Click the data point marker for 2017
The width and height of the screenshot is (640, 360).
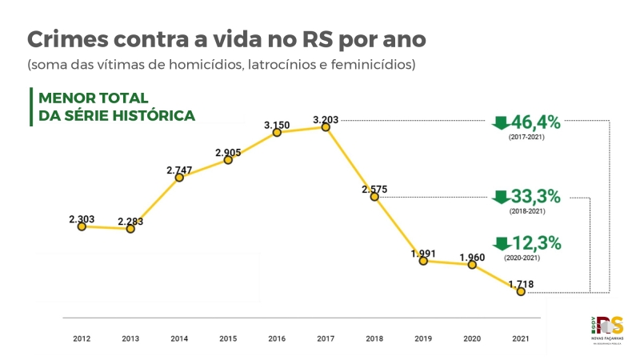(326, 126)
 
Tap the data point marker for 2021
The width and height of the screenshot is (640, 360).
(521, 292)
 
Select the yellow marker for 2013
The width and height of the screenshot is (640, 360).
(130, 229)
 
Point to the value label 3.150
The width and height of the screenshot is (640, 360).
(277, 125)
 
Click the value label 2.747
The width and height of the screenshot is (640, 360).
(179, 170)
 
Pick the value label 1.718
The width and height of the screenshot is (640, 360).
(521, 284)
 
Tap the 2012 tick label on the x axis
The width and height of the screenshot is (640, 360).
(82, 339)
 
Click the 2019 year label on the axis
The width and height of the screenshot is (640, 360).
(423, 339)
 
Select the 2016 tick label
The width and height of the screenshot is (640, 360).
(277, 339)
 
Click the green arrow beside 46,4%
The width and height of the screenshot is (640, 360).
(501, 123)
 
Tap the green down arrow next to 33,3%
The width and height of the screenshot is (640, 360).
(501, 197)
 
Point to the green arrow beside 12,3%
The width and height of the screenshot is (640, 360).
(501, 243)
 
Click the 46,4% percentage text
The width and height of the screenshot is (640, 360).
(536, 123)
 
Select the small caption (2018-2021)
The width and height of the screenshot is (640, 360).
(526, 211)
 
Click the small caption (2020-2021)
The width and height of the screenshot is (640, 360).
(521, 258)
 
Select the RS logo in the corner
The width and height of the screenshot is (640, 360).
(610, 327)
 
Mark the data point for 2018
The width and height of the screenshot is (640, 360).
(374, 197)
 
